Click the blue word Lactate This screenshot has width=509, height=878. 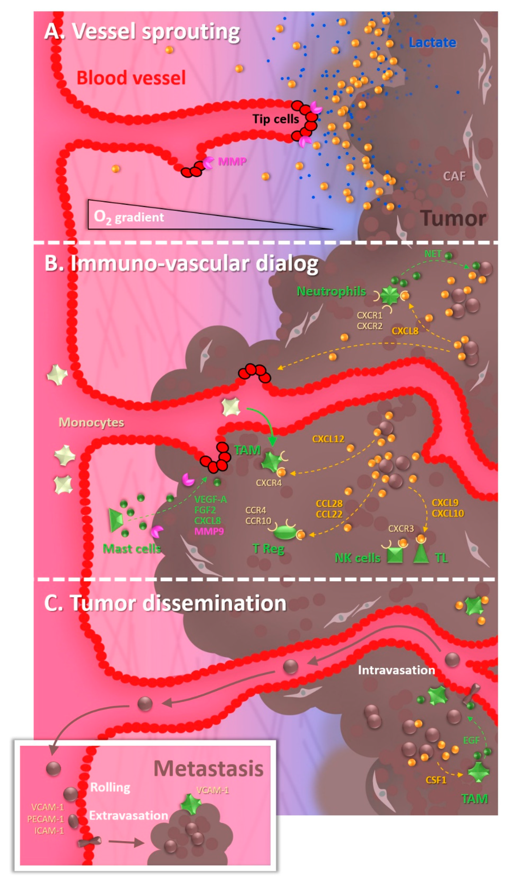(432, 43)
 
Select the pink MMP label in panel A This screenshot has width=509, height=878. (232, 161)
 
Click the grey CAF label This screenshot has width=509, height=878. (454, 176)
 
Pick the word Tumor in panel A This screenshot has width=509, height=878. (453, 219)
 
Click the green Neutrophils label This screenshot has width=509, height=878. (331, 291)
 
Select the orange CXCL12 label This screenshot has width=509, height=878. (328, 439)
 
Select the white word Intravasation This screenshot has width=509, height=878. (396, 670)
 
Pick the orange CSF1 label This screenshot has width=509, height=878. (436, 780)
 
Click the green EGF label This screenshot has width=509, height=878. (471, 740)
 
